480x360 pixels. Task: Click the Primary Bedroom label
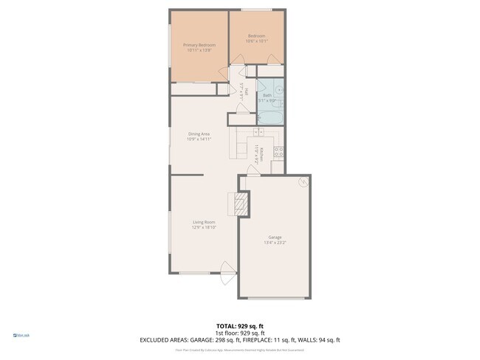point(199,45)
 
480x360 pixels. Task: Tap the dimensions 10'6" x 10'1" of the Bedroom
point(257,41)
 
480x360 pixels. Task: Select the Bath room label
point(267,95)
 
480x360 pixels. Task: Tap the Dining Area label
point(199,134)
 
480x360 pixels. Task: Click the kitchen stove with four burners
point(278,153)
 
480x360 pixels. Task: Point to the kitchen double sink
point(258,132)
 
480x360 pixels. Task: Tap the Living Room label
point(204,222)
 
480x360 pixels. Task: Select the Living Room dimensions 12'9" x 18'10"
point(204,227)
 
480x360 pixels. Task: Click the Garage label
point(274,237)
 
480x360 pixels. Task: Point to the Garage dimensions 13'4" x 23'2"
point(274,242)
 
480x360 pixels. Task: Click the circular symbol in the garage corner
point(303,181)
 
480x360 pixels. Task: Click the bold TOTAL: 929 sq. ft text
point(239,325)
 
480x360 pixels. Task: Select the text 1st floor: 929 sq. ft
point(239,333)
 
